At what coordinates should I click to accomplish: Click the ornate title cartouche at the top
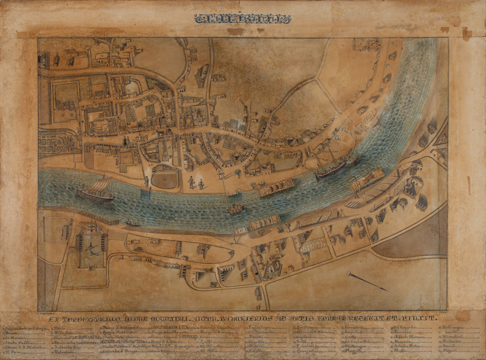[x=243, y=19]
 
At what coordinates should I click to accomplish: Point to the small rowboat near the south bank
[x=132, y=222]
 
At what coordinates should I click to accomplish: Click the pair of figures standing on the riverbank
[x=196, y=183]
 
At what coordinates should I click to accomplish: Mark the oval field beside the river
[x=164, y=180]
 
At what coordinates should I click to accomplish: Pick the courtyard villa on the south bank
[x=92, y=249]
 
